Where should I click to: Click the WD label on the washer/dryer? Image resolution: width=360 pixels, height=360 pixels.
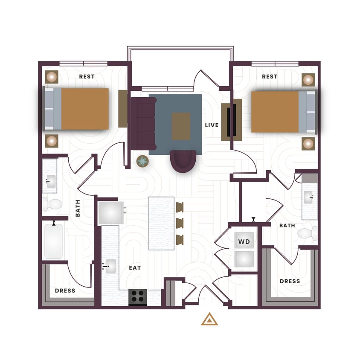pyautogui.click(x=244, y=242)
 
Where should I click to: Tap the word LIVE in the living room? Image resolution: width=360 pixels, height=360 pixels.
pyautogui.click(x=212, y=125)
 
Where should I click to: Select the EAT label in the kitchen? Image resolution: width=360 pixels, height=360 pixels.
pyautogui.click(x=135, y=268)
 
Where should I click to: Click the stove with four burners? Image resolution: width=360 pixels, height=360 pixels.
pyautogui.click(x=138, y=296)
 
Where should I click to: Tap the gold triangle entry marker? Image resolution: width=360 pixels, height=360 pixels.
pyautogui.click(x=209, y=319)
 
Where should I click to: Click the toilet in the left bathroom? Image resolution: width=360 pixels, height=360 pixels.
pyautogui.click(x=51, y=204)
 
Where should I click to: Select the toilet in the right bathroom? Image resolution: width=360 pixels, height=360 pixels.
pyautogui.click(x=307, y=233)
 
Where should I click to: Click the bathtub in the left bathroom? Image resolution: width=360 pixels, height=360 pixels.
pyautogui.click(x=54, y=241)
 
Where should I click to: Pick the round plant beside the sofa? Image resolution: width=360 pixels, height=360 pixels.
pyautogui.click(x=142, y=161)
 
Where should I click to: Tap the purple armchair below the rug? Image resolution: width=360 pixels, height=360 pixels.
pyautogui.click(x=183, y=161)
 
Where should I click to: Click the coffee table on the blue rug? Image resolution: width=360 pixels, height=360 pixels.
pyautogui.click(x=181, y=126)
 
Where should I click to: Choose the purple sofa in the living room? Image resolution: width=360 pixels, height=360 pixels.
pyautogui.click(x=142, y=124)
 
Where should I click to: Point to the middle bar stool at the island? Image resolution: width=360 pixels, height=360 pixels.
pyautogui.click(x=180, y=223)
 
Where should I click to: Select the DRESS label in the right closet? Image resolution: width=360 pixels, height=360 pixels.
pyautogui.click(x=290, y=281)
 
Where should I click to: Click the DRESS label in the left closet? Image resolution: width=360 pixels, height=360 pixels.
pyautogui.click(x=65, y=290)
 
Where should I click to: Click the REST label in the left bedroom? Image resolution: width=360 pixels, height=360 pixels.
pyautogui.click(x=87, y=77)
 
